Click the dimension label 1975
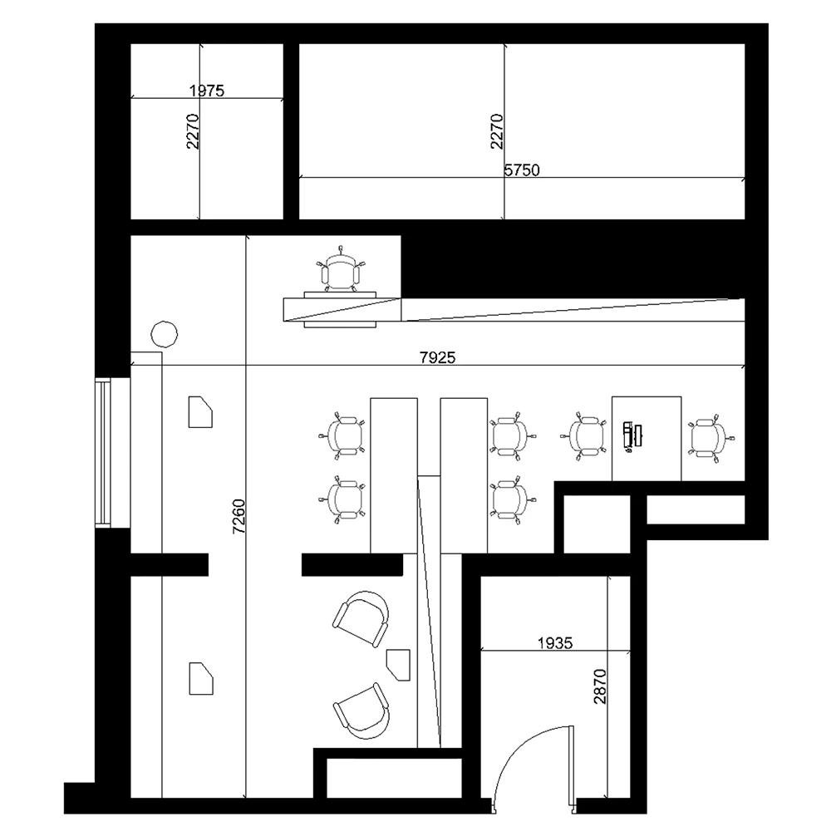(x=208, y=91)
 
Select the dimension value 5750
(x=523, y=170)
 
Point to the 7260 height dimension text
(x=239, y=515)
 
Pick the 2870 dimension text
(x=601, y=688)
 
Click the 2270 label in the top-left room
(x=193, y=131)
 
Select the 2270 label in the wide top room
(x=497, y=131)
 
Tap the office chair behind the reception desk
(x=342, y=271)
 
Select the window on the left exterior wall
(x=103, y=452)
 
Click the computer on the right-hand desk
(x=632, y=435)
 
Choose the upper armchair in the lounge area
(x=362, y=619)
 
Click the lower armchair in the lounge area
(x=362, y=711)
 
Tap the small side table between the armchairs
(x=400, y=663)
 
